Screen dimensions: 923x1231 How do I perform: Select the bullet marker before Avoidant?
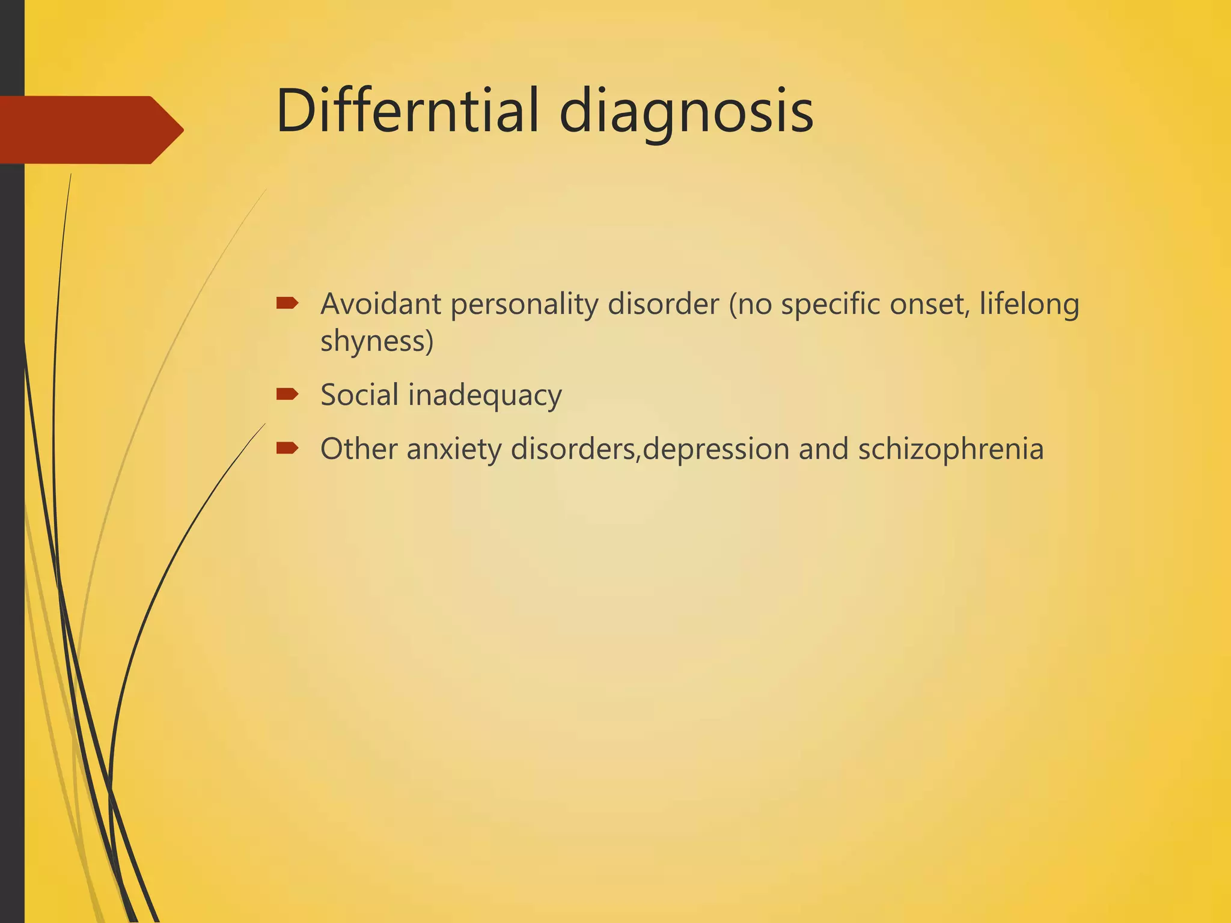click(x=287, y=303)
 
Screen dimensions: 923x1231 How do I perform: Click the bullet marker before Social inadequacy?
click(x=287, y=394)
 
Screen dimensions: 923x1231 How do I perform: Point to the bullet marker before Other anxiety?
click(x=287, y=448)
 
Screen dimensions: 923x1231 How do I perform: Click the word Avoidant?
click(x=381, y=304)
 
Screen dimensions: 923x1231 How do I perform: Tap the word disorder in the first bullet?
click(x=663, y=304)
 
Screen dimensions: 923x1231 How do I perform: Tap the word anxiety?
click(x=454, y=450)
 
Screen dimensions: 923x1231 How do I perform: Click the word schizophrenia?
click(x=950, y=450)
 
